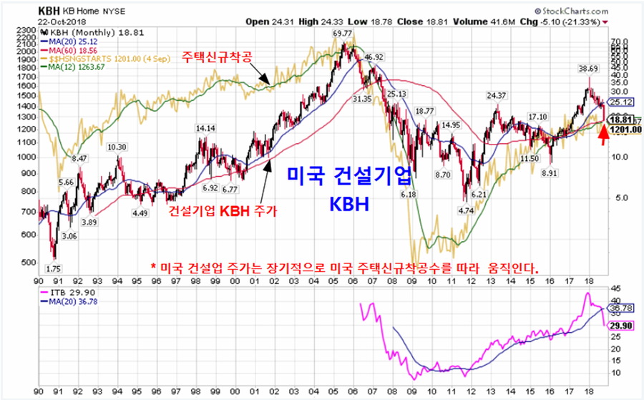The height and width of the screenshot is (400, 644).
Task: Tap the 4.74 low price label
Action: (467, 210)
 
